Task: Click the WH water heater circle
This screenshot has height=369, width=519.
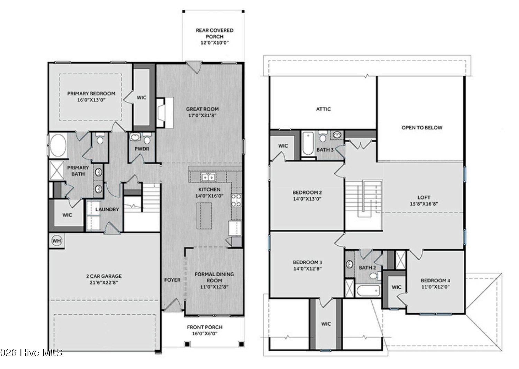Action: (57, 241)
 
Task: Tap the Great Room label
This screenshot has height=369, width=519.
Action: (202, 109)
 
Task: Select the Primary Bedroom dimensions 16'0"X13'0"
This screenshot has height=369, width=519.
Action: (91, 100)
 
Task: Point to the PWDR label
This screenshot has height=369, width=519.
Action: (142, 149)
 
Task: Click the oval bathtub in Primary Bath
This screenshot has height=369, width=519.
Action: (58, 145)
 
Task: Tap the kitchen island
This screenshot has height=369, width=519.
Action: (204, 216)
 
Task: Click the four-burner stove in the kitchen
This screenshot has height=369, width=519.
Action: (236, 200)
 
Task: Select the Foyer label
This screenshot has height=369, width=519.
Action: (172, 280)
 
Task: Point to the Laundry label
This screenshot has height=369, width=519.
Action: (107, 209)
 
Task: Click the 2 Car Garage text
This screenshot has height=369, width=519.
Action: (104, 276)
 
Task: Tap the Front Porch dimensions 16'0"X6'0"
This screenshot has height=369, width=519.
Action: (205, 334)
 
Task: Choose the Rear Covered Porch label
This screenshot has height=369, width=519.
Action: (215, 33)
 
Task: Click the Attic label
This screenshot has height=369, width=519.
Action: (324, 109)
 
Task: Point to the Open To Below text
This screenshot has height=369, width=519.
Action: (422, 127)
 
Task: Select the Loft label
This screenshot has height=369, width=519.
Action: (424, 197)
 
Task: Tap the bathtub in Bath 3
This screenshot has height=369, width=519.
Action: (308, 143)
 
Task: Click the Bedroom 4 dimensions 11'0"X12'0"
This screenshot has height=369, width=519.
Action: (435, 287)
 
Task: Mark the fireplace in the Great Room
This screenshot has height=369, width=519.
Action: (165, 112)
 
